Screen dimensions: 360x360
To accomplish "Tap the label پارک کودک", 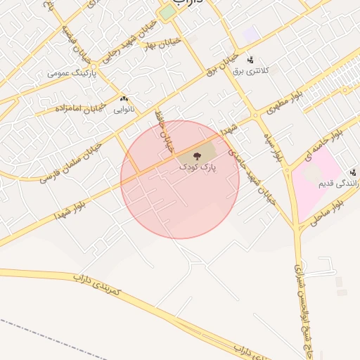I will point(198,167).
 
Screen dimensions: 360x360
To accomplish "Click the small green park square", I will point(167,13).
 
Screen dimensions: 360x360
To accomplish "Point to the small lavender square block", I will point(250,33).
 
